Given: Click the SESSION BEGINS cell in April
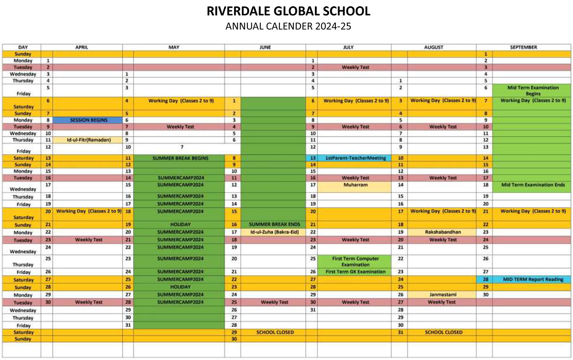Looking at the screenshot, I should click(88, 120).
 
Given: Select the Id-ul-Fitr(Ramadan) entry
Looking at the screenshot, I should click(88, 140).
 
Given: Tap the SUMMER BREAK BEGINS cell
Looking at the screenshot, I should click(180, 158).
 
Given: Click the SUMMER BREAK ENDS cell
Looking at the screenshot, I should click(274, 224).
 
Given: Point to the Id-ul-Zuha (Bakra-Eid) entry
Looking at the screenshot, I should click(274, 232).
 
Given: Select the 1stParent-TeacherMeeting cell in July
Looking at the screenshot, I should click(355, 158).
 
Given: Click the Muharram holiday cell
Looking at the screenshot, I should click(355, 185).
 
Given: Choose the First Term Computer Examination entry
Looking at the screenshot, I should click(355, 262).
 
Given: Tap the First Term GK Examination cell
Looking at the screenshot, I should click(355, 272).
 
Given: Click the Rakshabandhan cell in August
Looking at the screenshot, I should click(443, 232).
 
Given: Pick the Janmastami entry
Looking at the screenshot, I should click(443, 295).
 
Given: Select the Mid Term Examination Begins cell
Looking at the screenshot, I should click(533, 91).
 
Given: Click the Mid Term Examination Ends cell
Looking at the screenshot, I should click(533, 185).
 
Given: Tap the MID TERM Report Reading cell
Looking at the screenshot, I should click(533, 279).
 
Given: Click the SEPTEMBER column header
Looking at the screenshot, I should click(523, 47).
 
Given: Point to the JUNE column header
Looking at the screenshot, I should click(265, 47).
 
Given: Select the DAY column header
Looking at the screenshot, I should click(23, 47).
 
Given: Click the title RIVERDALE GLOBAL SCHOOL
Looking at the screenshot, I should click(288, 11).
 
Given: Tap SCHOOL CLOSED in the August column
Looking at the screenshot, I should click(443, 332).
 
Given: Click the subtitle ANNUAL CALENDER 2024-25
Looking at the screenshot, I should click(288, 26).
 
